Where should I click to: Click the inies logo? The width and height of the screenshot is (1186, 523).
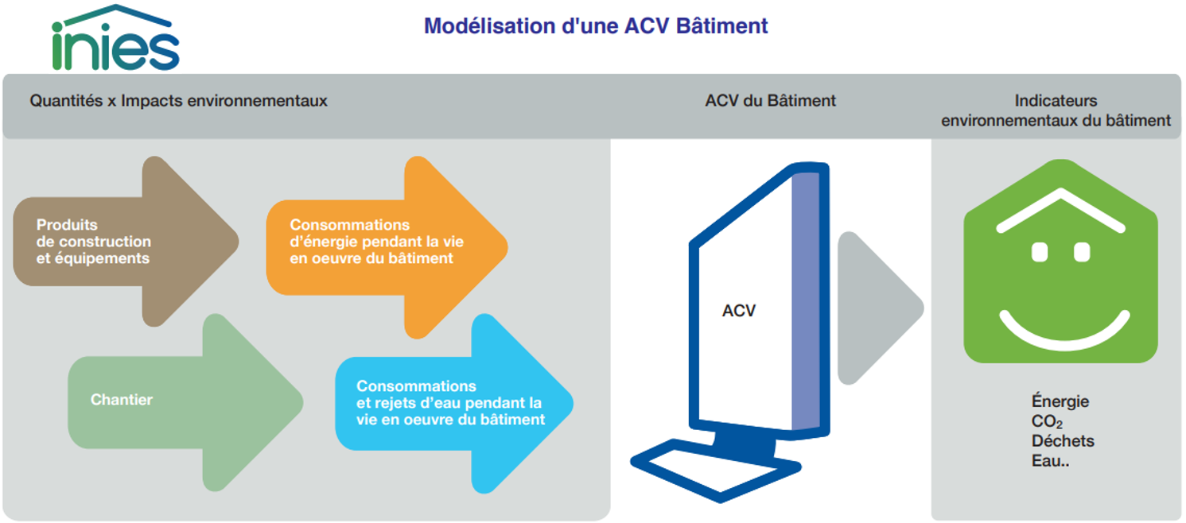pyautogui.click(x=115, y=38)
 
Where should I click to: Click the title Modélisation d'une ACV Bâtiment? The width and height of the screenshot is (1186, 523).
pyautogui.click(x=596, y=26)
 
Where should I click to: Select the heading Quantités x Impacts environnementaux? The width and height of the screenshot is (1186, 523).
pyautogui.click(x=178, y=100)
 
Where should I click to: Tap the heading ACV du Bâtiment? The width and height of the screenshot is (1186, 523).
pyautogui.click(x=770, y=100)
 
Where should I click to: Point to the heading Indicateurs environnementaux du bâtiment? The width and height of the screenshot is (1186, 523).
pyautogui.click(x=1056, y=110)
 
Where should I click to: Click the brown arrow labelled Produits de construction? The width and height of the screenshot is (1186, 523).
pyautogui.click(x=126, y=241)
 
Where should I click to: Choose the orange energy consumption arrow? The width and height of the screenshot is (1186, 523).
pyautogui.click(x=387, y=247)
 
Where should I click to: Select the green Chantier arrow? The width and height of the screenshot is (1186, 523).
pyautogui.click(x=185, y=402)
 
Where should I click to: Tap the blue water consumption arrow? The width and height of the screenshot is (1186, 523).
pyautogui.click(x=454, y=404)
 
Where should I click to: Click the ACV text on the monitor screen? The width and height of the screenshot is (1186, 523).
pyautogui.click(x=739, y=311)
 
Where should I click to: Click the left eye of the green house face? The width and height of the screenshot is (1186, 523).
pyautogui.click(x=1040, y=252)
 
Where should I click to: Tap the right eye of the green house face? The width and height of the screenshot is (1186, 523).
pyautogui.click(x=1082, y=252)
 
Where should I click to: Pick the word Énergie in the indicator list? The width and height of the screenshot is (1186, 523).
pyautogui.click(x=1060, y=401)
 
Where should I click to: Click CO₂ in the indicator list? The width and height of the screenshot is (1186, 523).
pyautogui.click(x=1047, y=421)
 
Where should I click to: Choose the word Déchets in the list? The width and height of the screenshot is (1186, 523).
pyautogui.click(x=1063, y=440)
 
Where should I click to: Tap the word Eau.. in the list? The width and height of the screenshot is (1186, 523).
pyautogui.click(x=1050, y=460)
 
